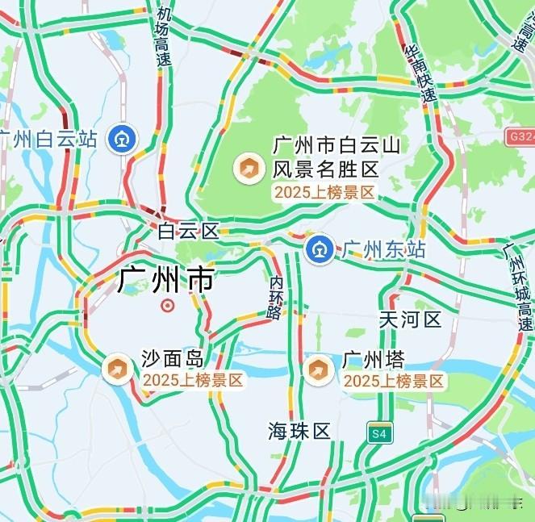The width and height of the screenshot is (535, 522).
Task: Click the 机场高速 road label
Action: click(165, 37)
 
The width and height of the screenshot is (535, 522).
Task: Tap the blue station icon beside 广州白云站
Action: click(124, 138)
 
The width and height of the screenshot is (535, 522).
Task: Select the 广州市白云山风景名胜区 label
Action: click(325, 157)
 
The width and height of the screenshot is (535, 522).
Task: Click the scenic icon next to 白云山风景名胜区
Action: click(247, 168)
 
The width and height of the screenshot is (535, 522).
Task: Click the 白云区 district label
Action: click(188, 232)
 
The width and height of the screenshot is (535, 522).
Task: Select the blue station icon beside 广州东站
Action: click(317, 248)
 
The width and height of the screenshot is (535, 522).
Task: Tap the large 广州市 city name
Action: click(166, 280)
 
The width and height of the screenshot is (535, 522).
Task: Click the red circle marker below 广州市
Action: click(167, 305)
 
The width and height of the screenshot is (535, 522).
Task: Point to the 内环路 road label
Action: click(276, 296)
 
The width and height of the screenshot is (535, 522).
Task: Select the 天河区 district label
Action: click(410, 319)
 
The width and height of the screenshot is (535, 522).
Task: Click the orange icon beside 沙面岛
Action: click(117, 369)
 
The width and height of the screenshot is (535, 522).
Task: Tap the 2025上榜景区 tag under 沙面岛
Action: click(193, 380)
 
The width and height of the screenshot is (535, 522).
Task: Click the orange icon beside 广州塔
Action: click(319, 370)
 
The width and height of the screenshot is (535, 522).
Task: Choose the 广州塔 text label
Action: click(373, 359)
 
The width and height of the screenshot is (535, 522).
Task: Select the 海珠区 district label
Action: click(299, 431)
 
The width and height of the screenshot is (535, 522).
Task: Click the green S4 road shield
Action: click(378, 433)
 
